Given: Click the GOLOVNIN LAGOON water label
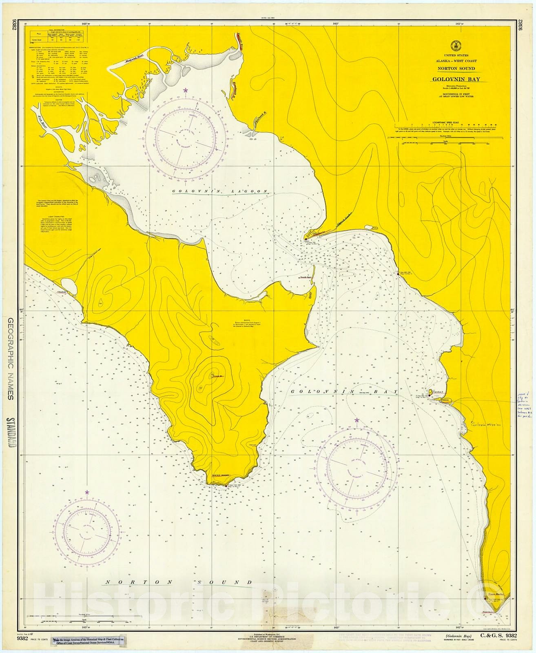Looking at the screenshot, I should pyautogui.click(x=220, y=192).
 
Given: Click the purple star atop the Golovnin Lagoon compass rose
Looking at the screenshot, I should pyautogui.click(x=186, y=90).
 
